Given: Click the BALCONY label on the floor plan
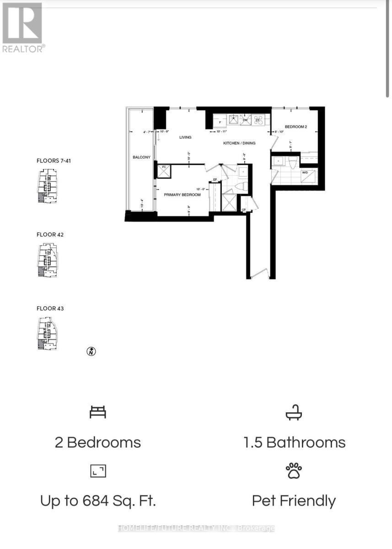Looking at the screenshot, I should [141, 157].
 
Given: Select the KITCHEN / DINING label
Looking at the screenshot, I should [239, 143].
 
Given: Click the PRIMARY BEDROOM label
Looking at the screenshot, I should [183, 195].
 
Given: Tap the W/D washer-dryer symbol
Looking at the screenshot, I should [305, 173].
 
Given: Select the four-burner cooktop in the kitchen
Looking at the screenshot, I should [258, 120].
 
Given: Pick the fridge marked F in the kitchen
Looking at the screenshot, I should [220, 122].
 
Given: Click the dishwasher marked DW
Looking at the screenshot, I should [245, 120].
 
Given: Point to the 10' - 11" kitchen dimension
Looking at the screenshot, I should [222, 132].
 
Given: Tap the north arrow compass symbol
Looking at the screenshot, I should [91, 351].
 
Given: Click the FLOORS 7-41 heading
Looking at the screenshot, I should [54, 161].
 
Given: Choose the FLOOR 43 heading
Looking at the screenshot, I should [50, 308].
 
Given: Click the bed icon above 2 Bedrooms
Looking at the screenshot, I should [98, 413].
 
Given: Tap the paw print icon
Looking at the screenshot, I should [294, 471].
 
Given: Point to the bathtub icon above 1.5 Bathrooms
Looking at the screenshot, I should [294, 414].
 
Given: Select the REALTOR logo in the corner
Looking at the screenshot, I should [23, 27].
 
